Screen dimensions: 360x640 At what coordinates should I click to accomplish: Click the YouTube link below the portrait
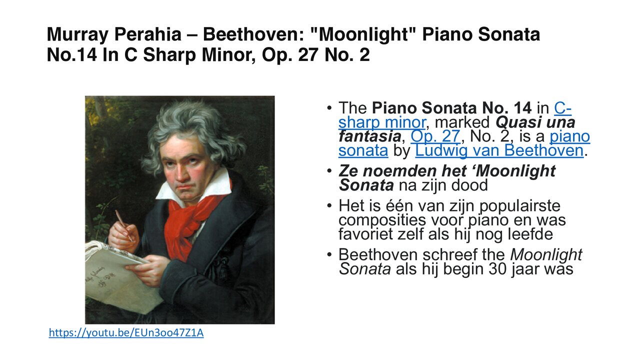126,333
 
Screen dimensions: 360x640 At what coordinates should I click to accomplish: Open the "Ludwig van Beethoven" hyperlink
499,150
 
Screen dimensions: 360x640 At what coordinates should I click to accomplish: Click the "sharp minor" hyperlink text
381,122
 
